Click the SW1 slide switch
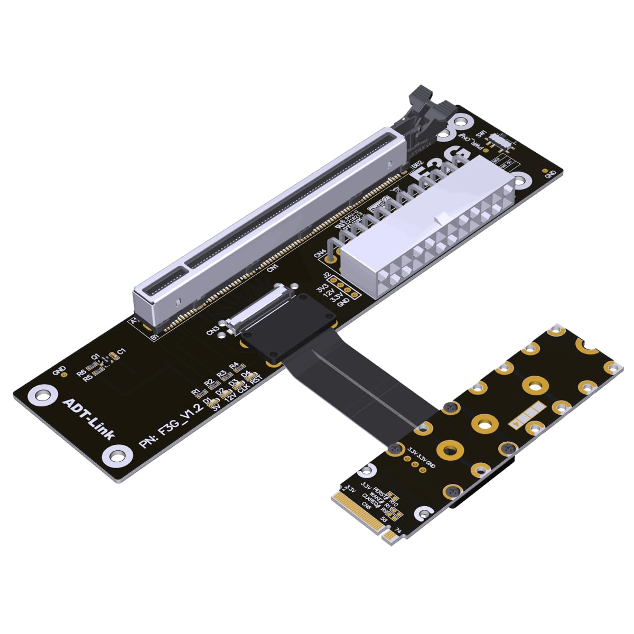tap(499, 141)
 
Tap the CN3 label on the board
tap(213, 330)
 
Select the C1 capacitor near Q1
tap(120, 351)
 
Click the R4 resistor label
tap(234, 366)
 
